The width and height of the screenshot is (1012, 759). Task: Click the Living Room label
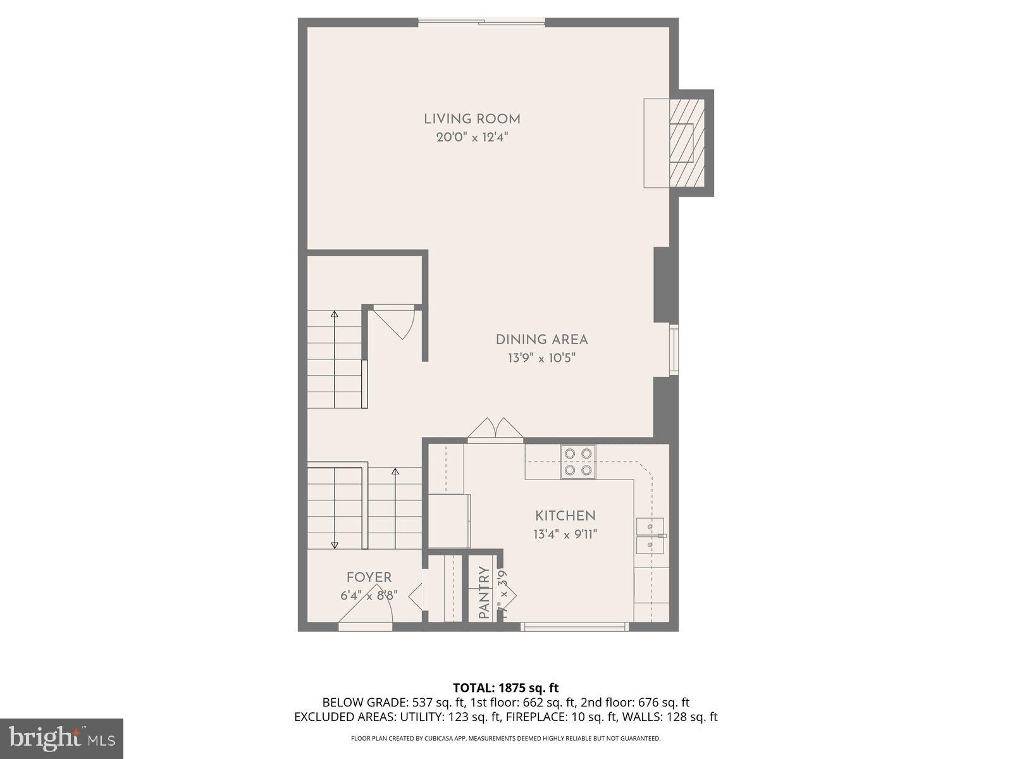tap(472, 119)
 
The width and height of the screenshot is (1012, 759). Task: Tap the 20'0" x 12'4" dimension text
tap(472, 137)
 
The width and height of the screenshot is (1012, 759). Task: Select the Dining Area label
tap(541, 340)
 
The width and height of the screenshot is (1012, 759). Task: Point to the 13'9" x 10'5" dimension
tap(541, 358)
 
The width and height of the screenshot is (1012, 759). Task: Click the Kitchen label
tap(565, 515)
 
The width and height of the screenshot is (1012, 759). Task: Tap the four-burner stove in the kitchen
tap(577, 462)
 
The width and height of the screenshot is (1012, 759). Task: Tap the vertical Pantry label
tap(484, 593)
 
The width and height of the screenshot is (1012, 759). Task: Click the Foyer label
tap(369, 577)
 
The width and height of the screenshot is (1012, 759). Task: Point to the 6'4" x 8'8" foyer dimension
tap(369, 595)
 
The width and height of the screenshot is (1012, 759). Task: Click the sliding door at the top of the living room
tap(481, 23)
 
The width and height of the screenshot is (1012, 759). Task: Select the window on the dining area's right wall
tap(674, 350)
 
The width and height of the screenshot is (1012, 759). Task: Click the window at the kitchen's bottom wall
tap(574, 627)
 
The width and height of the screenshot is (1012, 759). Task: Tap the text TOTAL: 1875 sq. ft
tap(505, 688)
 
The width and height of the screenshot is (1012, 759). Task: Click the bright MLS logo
tap(61, 738)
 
